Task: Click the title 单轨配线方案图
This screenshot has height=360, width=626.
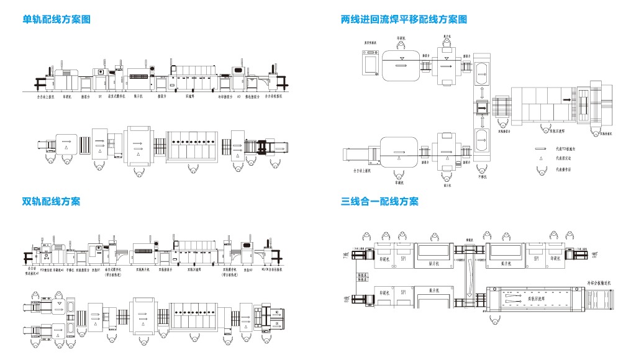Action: click(x=57, y=19)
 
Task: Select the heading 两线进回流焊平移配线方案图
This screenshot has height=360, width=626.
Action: click(x=404, y=19)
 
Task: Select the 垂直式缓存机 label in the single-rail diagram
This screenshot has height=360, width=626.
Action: click(x=117, y=97)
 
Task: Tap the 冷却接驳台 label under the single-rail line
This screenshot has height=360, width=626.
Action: click(x=225, y=97)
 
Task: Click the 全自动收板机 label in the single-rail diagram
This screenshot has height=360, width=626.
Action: click(x=274, y=97)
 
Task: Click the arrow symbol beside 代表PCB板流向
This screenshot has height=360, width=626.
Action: click(x=542, y=149)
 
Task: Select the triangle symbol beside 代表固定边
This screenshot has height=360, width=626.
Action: click(x=542, y=159)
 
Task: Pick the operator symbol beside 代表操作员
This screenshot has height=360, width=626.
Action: click(x=542, y=169)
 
